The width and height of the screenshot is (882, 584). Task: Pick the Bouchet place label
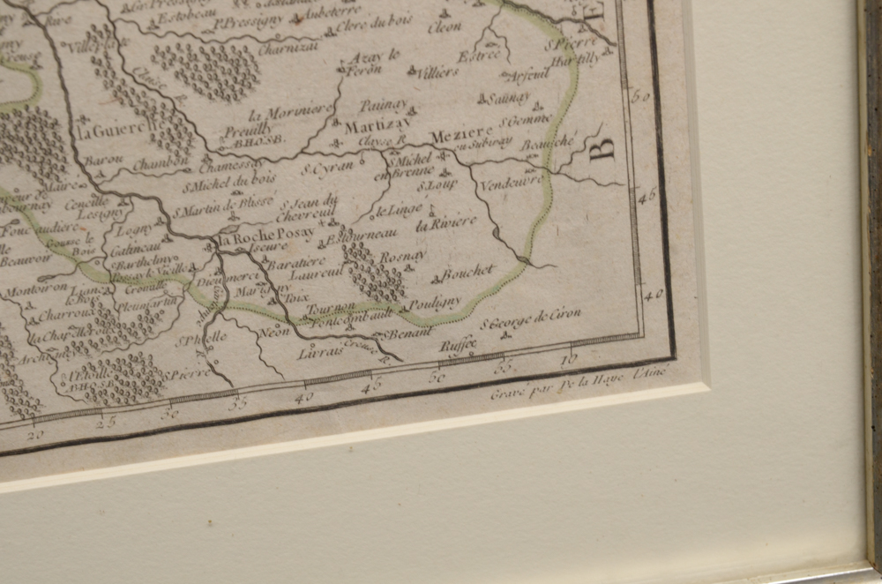tap(468, 273)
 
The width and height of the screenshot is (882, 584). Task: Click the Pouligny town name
tap(434, 303)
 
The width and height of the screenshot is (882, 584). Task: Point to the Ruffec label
tap(458, 344)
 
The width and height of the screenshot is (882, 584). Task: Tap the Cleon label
tap(445, 26)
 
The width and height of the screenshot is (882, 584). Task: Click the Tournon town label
tap(331, 306)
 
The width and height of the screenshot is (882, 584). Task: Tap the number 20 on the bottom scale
tap(35, 434)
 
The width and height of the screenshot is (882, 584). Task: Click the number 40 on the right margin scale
tap(653, 296)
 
